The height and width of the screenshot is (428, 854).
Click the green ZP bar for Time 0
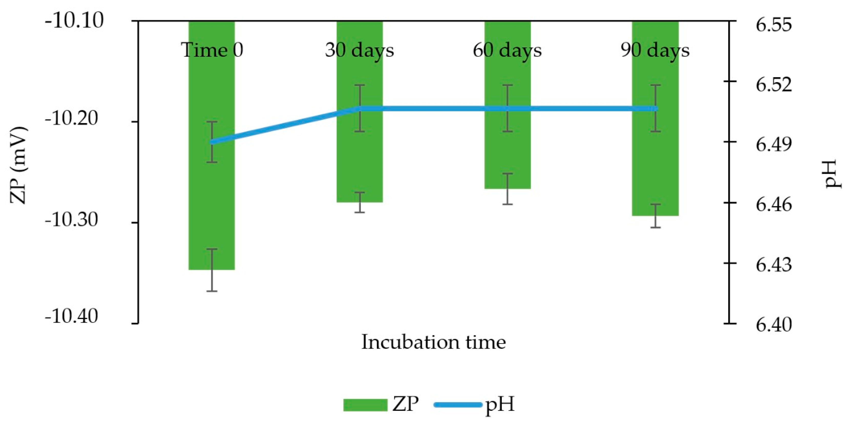(x=212, y=199)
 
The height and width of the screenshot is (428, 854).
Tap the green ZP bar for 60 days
(x=508, y=149)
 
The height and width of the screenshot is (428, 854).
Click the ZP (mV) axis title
(x=18, y=165)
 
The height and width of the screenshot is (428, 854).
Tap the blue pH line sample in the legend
(x=458, y=404)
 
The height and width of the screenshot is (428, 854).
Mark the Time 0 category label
(x=212, y=50)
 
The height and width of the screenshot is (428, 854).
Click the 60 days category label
(x=507, y=50)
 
